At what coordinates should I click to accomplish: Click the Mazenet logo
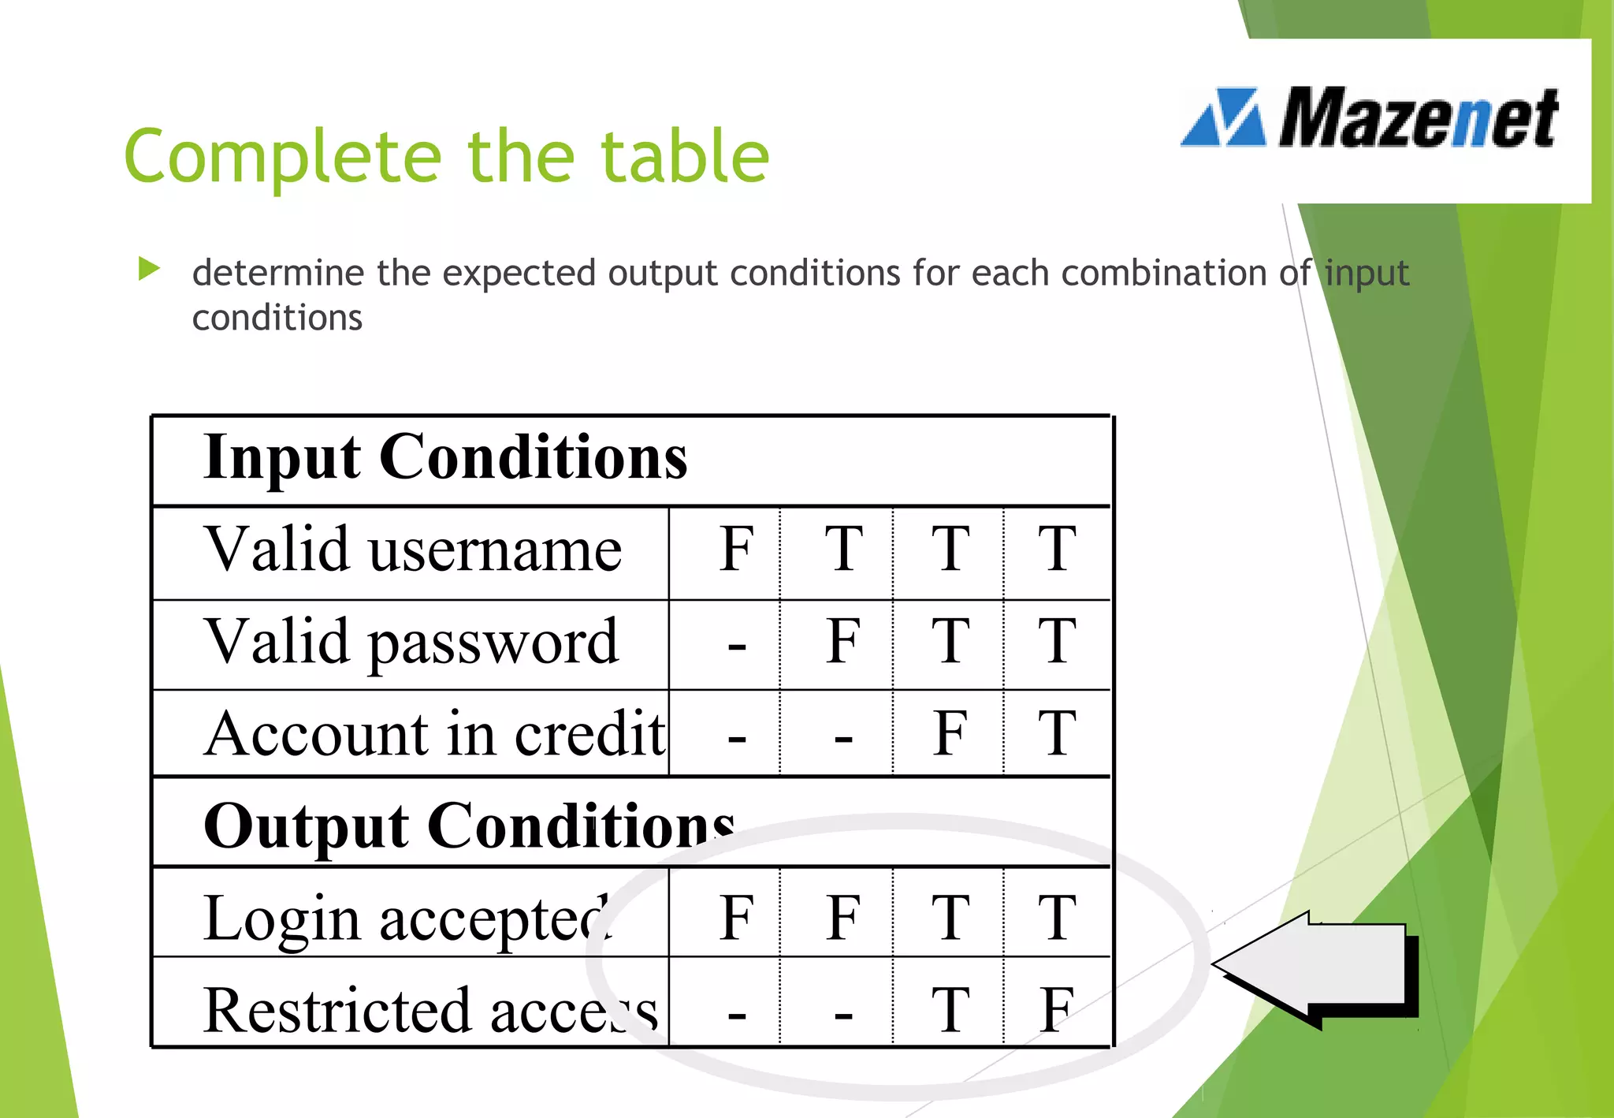click(x=1370, y=118)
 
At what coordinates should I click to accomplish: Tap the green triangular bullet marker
click(x=148, y=269)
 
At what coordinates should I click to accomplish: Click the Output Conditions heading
click(x=469, y=825)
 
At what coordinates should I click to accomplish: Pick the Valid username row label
click(x=413, y=550)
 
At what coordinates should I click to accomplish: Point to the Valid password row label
click(x=411, y=643)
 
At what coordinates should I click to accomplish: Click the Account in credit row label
click(x=434, y=734)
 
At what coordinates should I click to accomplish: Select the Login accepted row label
click(x=407, y=918)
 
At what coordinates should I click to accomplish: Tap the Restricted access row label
click(x=430, y=1010)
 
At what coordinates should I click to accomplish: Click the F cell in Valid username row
click(x=736, y=550)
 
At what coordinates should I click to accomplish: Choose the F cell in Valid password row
click(x=842, y=642)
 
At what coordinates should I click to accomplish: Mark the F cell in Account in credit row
click(x=950, y=734)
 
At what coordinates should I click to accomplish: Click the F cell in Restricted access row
click(x=1056, y=1010)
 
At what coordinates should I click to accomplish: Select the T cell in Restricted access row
click(x=950, y=1010)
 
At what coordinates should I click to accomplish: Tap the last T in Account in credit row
click(x=1056, y=734)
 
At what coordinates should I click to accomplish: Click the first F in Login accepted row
click(x=736, y=918)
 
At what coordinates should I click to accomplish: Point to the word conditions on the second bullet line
click(x=277, y=319)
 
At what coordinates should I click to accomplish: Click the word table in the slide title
click(x=684, y=157)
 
